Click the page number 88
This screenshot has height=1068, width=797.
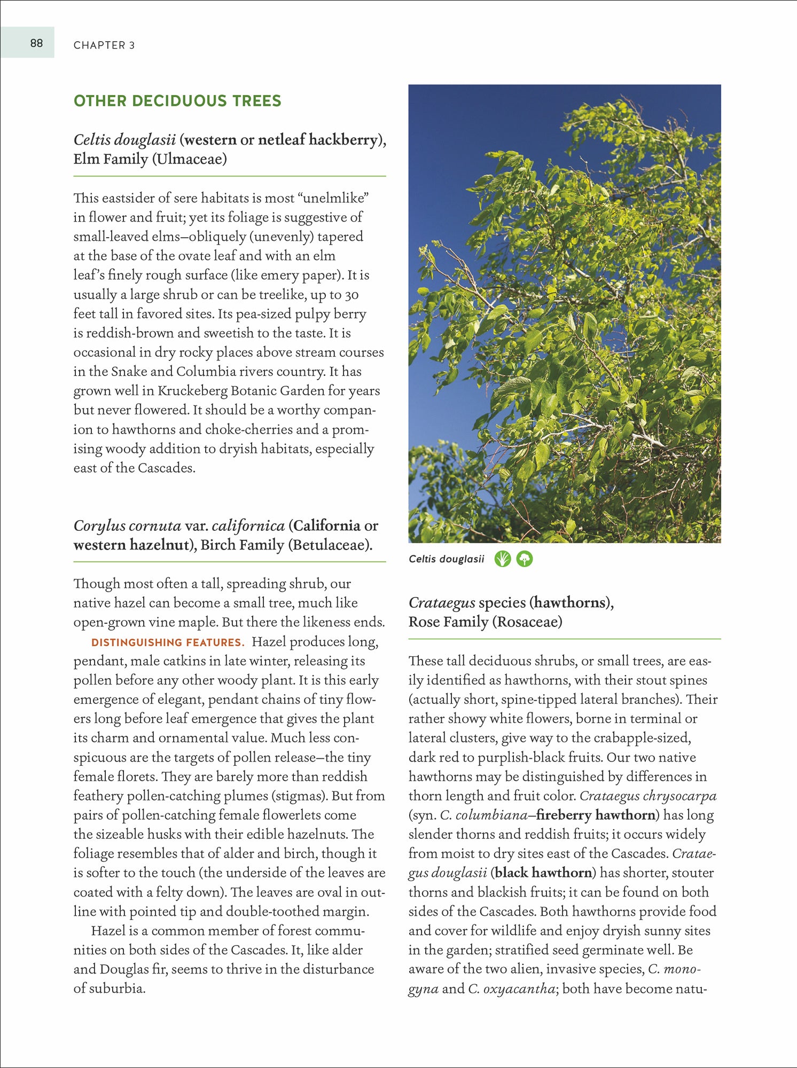pyautogui.click(x=36, y=43)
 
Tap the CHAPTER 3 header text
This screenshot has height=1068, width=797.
pyautogui.click(x=104, y=45)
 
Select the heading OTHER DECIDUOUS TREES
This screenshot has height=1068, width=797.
pyautogui.click(x=177, y=101)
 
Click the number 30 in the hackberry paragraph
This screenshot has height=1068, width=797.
pyautogui.click(x=351, y=295)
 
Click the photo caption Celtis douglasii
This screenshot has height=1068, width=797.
pyautogui.click(x=446, y=559)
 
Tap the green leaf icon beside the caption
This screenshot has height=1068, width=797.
pyautogui.click(x=503, y=559)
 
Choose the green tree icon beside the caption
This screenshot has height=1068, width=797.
pyautogui.click(x=525, y=559)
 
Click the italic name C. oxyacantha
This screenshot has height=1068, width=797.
pyautogui.click(x=511, y=989)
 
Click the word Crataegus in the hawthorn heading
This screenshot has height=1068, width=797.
pyautogui.click(x=442, y=603)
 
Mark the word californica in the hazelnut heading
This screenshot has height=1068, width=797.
pyautogui.click(x=248, y=526)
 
